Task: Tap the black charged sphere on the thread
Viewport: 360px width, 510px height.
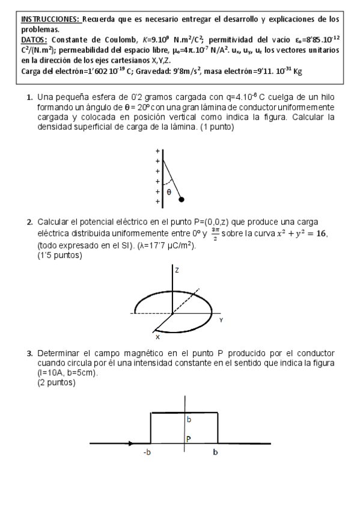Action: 182,199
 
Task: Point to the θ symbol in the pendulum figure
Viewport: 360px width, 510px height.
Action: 169,192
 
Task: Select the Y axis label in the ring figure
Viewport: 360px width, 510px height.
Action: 221,321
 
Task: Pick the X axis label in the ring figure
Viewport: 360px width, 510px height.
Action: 157,337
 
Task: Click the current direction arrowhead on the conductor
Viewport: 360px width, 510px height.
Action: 130,444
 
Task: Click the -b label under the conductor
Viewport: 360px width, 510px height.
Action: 147,453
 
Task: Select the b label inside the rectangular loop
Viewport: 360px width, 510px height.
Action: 188,419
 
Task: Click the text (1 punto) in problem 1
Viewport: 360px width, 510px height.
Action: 213,127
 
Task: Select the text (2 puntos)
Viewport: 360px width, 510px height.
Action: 56,383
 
